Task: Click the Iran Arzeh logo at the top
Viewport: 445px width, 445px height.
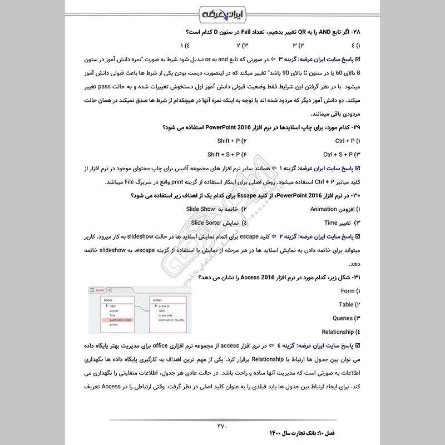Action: [x=222, y=12]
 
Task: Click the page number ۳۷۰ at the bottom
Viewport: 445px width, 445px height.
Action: [x=222, y=427]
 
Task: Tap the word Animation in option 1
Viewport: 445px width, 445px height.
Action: [x=324, y=209]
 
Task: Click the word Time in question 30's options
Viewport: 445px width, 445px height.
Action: [x=331, y=222]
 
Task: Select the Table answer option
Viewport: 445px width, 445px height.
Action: [x=346, y=304]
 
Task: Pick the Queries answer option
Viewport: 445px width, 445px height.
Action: [x=343, y=318]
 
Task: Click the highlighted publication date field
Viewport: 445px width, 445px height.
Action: [x=120, y=320]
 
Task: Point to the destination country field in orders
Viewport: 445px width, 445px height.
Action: [x=171, y=320]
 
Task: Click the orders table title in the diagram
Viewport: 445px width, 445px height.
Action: [x=157, y=300]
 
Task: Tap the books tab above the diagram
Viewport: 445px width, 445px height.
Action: [x=100, y=290]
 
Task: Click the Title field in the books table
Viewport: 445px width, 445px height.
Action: [x=112, y=315]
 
